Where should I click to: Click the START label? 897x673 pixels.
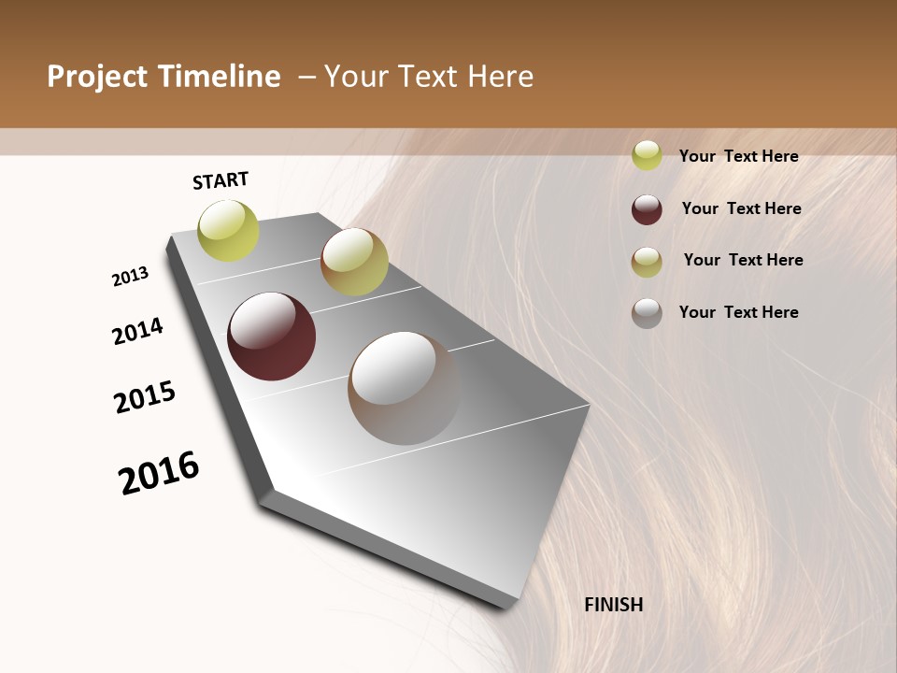point(221,180)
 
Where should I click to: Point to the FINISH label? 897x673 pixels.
point(614,605)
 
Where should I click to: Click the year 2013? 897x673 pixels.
point(131,277)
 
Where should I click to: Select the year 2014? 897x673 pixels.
point(137,331)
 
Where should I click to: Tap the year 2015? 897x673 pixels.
point(145,397)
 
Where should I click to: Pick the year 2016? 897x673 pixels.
point(159,473)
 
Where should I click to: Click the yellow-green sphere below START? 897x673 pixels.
point(229,230)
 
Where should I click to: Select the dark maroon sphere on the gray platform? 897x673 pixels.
point(271,336)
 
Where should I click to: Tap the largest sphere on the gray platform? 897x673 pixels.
point(404,388)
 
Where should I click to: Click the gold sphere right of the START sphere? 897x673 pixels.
point(354,262)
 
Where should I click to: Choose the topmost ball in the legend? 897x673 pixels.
point(647,155)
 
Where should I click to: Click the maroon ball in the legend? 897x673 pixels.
point(647,209)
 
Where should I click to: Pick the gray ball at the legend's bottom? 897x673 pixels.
point(647,313)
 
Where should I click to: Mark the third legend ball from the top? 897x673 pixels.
point(647,262)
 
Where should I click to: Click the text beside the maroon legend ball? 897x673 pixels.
point(742,208)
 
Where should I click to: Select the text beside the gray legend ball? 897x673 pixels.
point(739,312)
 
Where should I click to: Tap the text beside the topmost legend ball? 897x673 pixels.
point(739,156)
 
